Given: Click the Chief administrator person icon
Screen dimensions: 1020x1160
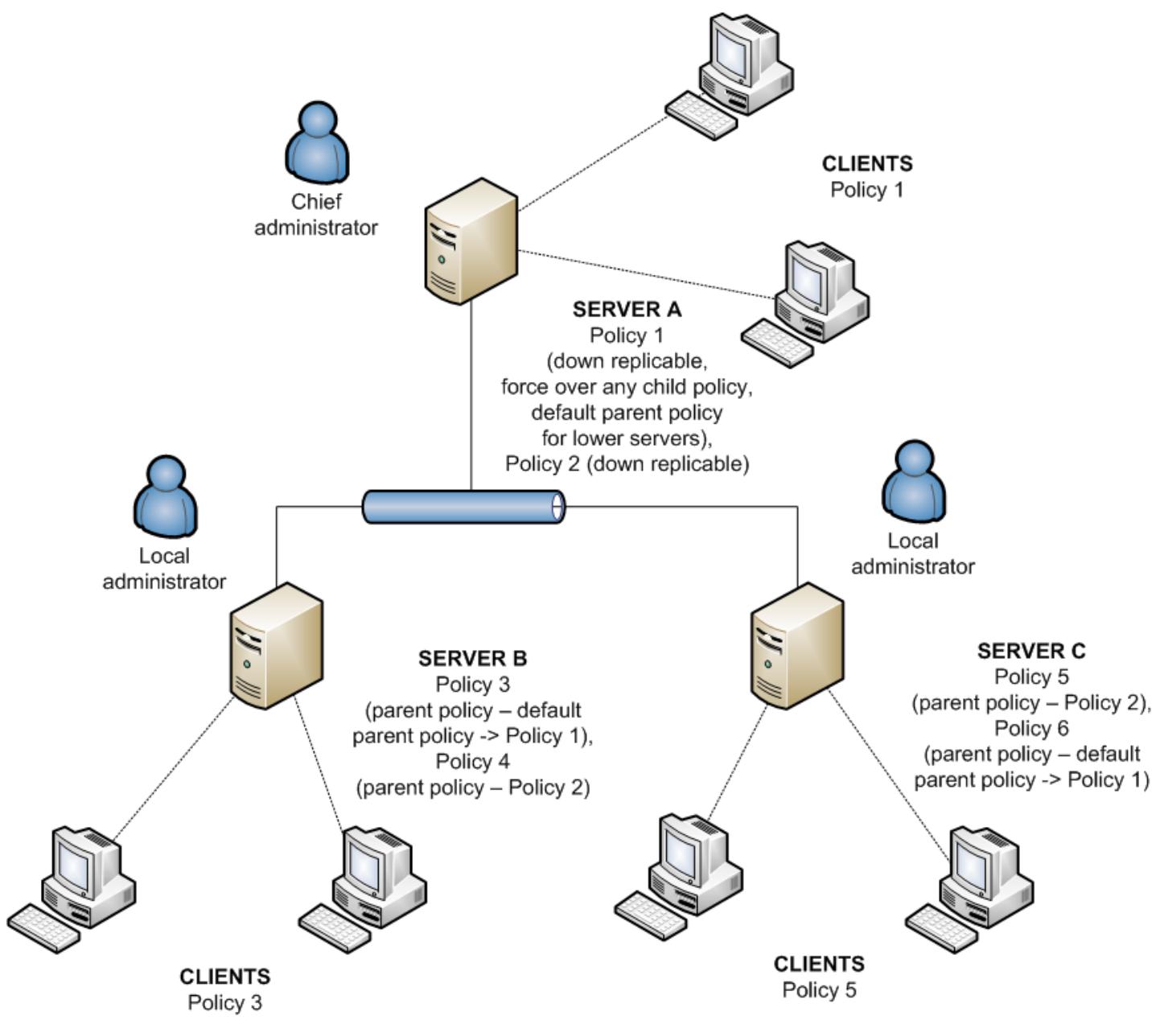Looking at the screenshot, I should (x=317, y=143).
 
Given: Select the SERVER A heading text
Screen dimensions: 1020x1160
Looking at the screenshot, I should (x=627, y=310).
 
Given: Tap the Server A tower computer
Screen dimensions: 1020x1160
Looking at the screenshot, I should (x=470, y=241).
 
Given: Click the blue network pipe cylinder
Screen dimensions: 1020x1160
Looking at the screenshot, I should (x=463, y=508).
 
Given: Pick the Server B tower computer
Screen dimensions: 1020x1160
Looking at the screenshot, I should (x=276, y=647).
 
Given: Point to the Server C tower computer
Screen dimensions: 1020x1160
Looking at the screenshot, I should (x=796, y=647).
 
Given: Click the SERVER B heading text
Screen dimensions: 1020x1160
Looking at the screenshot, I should (x=472, y=659).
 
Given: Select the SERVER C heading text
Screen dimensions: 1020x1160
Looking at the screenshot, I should (x=1030, y=651).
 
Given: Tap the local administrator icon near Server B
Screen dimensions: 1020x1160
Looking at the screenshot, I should (x=165, y=497).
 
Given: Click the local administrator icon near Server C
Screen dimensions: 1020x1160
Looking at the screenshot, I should (x=913, y=481).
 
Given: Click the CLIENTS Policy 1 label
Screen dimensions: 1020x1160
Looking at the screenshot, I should (x=866, y=177).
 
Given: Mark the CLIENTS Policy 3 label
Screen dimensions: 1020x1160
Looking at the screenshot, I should (x=224, y=989).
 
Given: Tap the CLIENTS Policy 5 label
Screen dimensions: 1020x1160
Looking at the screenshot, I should (x=819, y=977).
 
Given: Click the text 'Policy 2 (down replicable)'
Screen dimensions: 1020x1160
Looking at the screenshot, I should (x=627, y=464).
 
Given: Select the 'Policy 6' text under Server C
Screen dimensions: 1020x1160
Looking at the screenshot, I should (x=1030, y=728).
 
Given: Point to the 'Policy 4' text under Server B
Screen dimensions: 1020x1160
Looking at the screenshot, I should (x=472, y=761).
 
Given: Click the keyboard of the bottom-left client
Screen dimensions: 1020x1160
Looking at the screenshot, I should (x=44, y=928).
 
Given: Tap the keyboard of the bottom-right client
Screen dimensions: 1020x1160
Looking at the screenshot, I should (x=942, y=928).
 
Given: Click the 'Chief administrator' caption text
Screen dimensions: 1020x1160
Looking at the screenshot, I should (x=316, y=215).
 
